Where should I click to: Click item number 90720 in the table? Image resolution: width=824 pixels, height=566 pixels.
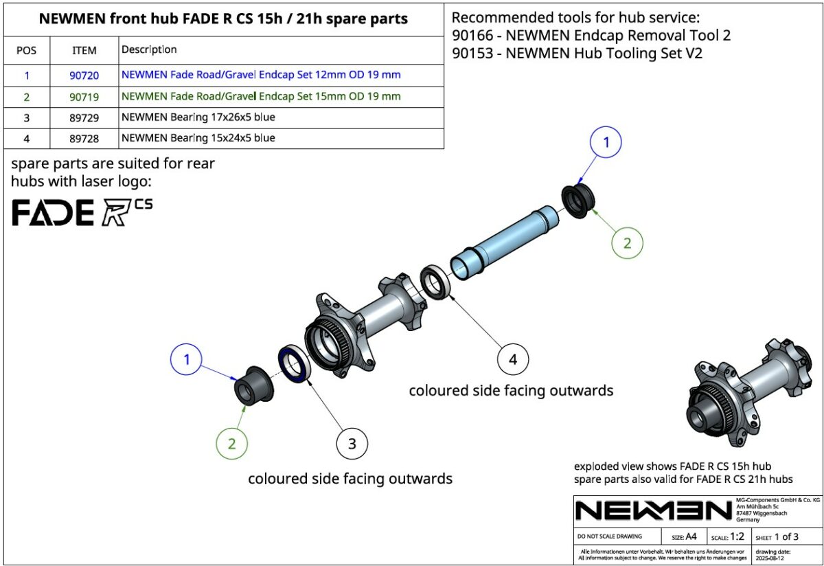click(x=84, y=76)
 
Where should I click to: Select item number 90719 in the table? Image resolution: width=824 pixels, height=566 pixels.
click(x=84, y=97)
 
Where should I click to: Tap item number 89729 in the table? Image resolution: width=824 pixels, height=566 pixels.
click(x=84, y=117)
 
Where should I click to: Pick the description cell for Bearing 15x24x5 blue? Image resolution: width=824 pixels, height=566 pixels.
click(x=198, y=138)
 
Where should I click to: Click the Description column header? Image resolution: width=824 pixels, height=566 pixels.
click(x=149, y=49)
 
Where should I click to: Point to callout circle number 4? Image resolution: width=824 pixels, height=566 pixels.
click(x=513, y=359)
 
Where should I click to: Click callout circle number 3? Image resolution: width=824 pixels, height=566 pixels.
click(x=352, y=444)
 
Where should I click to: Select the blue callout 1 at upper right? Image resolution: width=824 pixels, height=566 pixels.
click(x=606, y=144)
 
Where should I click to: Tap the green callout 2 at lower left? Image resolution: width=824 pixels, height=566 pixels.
click(x=231, y=444)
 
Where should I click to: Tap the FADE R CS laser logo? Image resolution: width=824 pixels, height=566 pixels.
click(x=82, y=212)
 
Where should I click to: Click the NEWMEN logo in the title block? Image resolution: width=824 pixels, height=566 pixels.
click(x=653, y=510)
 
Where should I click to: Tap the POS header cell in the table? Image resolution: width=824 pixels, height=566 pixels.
click(x=27, y=50)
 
